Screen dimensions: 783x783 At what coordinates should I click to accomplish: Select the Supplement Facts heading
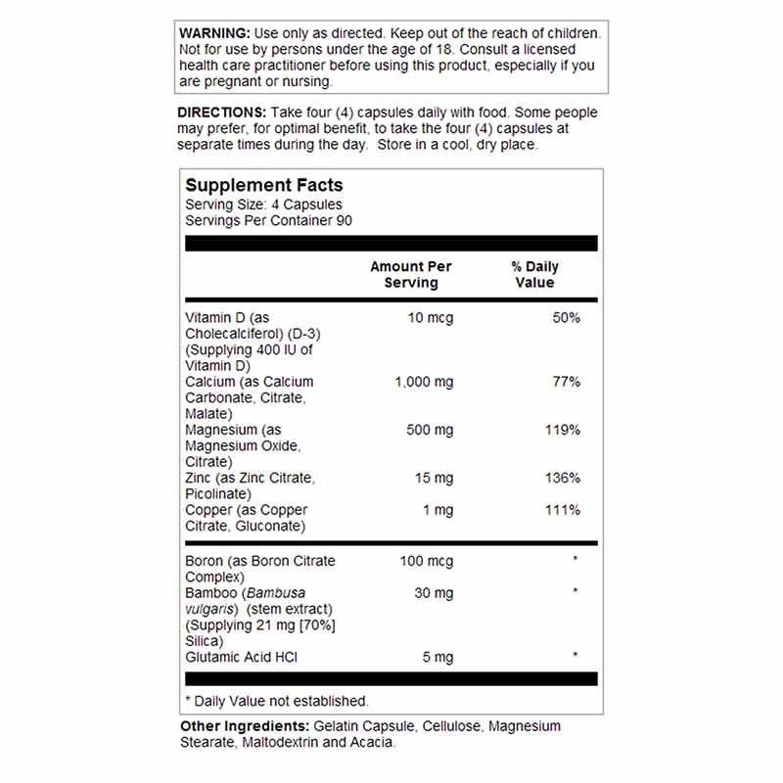click(264, 185)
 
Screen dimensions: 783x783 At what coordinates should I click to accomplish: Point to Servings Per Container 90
click(268, 220)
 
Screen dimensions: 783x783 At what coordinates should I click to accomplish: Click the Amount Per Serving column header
click(411, 274)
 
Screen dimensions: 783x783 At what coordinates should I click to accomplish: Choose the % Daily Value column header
click(535, 274)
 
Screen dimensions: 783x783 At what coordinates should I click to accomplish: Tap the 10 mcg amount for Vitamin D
click(431, 317)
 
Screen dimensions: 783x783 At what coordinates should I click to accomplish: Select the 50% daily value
click(566, 317)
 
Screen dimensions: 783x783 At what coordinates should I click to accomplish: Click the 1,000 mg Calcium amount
click(424, 382)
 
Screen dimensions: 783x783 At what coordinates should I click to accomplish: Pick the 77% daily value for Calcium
click(566, 382)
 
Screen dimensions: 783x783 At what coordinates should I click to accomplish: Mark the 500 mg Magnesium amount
click(429, 430)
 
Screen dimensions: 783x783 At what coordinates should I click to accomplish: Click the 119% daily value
click(562, 430)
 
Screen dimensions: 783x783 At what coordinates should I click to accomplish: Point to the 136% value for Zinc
click(562, 478)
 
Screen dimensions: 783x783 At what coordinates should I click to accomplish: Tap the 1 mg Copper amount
click(438, 510)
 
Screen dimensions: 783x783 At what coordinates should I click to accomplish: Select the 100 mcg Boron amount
click(427, 561)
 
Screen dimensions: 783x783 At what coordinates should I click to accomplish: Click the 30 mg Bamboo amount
click(433, 592)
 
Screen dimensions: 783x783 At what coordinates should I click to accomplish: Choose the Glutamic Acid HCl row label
click(242, 657)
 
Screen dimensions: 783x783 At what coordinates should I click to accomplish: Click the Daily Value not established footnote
click(277, 701)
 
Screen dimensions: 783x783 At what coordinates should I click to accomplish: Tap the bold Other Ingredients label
click(245, 726)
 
